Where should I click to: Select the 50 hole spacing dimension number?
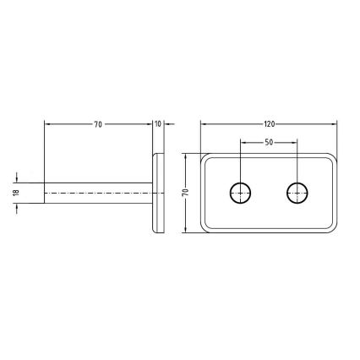(269, 142)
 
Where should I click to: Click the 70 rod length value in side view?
(98, 125)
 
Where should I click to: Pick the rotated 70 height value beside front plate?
(185, 193)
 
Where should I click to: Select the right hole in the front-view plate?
(296, 194)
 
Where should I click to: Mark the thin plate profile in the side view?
(158, 194)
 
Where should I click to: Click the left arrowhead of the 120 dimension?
(204, 125)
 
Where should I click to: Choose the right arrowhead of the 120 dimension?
(335, 125)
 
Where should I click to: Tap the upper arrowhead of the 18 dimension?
(19, 180)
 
